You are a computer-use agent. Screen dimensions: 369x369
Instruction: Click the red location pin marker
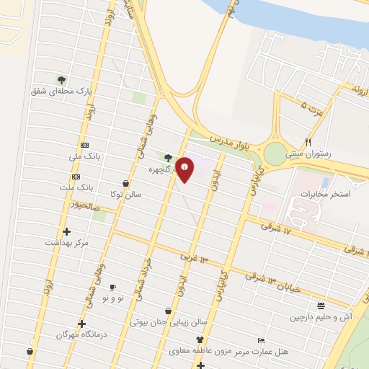pyautogui.click(x=186, y=169)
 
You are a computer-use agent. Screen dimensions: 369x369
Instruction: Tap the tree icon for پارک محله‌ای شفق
pyautogui.click(x=61, y=79)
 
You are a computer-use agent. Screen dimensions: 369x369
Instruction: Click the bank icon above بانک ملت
pyautogui.click(x=76, y=177)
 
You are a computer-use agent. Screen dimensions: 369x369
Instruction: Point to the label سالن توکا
pyautogui.click(x=125, y=195)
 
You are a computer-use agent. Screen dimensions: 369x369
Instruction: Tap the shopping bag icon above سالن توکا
pyautogui.click(x=126, y=183)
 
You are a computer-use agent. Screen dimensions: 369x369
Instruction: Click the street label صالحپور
pyautogui.click(x=71, y=206)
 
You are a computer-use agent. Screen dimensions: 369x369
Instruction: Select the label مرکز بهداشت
pyautogui.click(x=66, y=242)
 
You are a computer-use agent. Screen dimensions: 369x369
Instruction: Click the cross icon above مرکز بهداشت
pyautogui.click(x=67, y=231)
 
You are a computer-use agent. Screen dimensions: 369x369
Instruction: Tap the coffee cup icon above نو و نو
pyautogui.click(x=112, y=287)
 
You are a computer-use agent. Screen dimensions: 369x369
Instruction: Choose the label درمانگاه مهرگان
pyautogui.click(x=81, y=335)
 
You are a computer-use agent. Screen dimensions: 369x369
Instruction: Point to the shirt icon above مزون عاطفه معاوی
pyautogui.click(x=200, y=339)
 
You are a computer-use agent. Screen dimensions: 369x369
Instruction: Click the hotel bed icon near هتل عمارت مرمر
pyautogui.click(x=261, y=340)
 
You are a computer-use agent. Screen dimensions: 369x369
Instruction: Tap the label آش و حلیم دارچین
pyautogui.click(x=321, y=316)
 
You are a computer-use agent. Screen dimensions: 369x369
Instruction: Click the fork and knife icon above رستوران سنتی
pyautogui.click(x=308, y=142)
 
